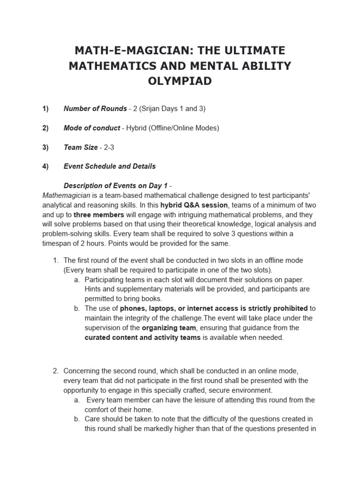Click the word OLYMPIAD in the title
[180, 81]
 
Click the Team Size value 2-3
[109, 147]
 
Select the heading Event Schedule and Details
[110, 166]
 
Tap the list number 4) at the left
[45, 166]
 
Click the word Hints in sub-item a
[94, 289]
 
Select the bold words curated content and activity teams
[142, 337]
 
